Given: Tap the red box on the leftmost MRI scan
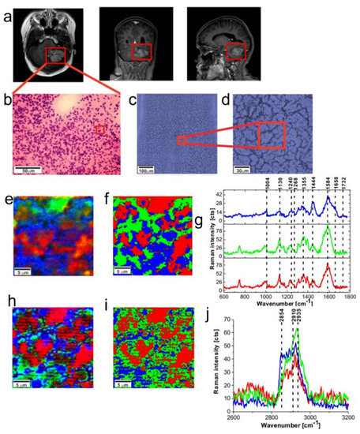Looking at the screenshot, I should [55, 55].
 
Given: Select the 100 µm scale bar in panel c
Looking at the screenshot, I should [147, 171].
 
